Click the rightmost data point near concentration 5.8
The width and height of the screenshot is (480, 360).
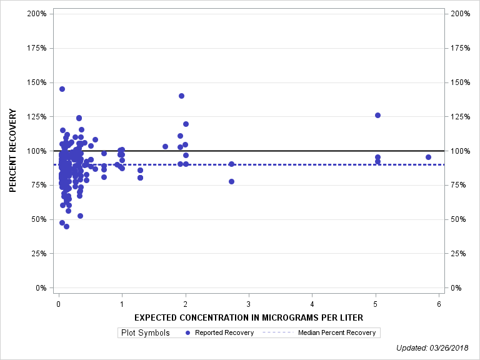428,157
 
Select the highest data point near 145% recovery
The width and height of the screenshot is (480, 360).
62,89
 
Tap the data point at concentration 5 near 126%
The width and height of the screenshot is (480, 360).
377,115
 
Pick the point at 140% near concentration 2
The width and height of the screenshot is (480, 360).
181,96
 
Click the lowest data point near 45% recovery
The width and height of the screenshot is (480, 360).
66,226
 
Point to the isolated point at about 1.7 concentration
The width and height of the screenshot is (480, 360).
165,146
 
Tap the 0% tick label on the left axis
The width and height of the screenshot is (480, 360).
41,288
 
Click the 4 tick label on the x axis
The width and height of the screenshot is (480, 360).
312,304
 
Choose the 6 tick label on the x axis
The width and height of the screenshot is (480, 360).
439,304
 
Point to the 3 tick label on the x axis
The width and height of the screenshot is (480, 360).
249,304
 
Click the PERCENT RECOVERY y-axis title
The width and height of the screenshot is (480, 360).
13,151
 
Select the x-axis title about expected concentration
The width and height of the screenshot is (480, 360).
249,317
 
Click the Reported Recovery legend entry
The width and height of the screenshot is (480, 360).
219,332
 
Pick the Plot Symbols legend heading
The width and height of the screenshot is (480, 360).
144,332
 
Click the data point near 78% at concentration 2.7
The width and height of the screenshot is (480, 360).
231,181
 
